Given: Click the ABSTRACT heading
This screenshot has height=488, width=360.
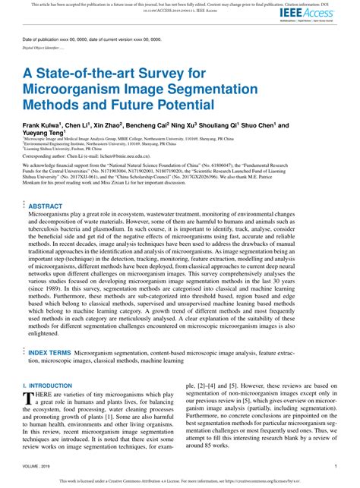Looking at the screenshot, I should pyautogui.click(x=45, y=206).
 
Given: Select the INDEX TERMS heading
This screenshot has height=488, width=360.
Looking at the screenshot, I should pyautogui.click(x=52, y=353).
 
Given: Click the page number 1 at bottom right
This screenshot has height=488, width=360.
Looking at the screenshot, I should pyautogui.click(x=336, y=466).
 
